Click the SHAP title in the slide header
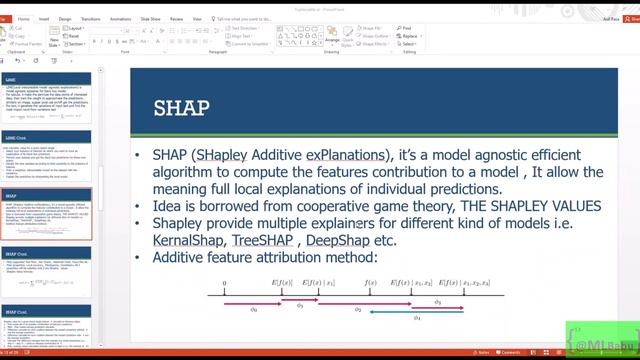(181, 107)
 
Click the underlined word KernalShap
(184, 241)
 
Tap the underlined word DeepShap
(336, 241)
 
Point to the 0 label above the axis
(224, 284)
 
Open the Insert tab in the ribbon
(44, 17)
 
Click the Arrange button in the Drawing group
(331, 40)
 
